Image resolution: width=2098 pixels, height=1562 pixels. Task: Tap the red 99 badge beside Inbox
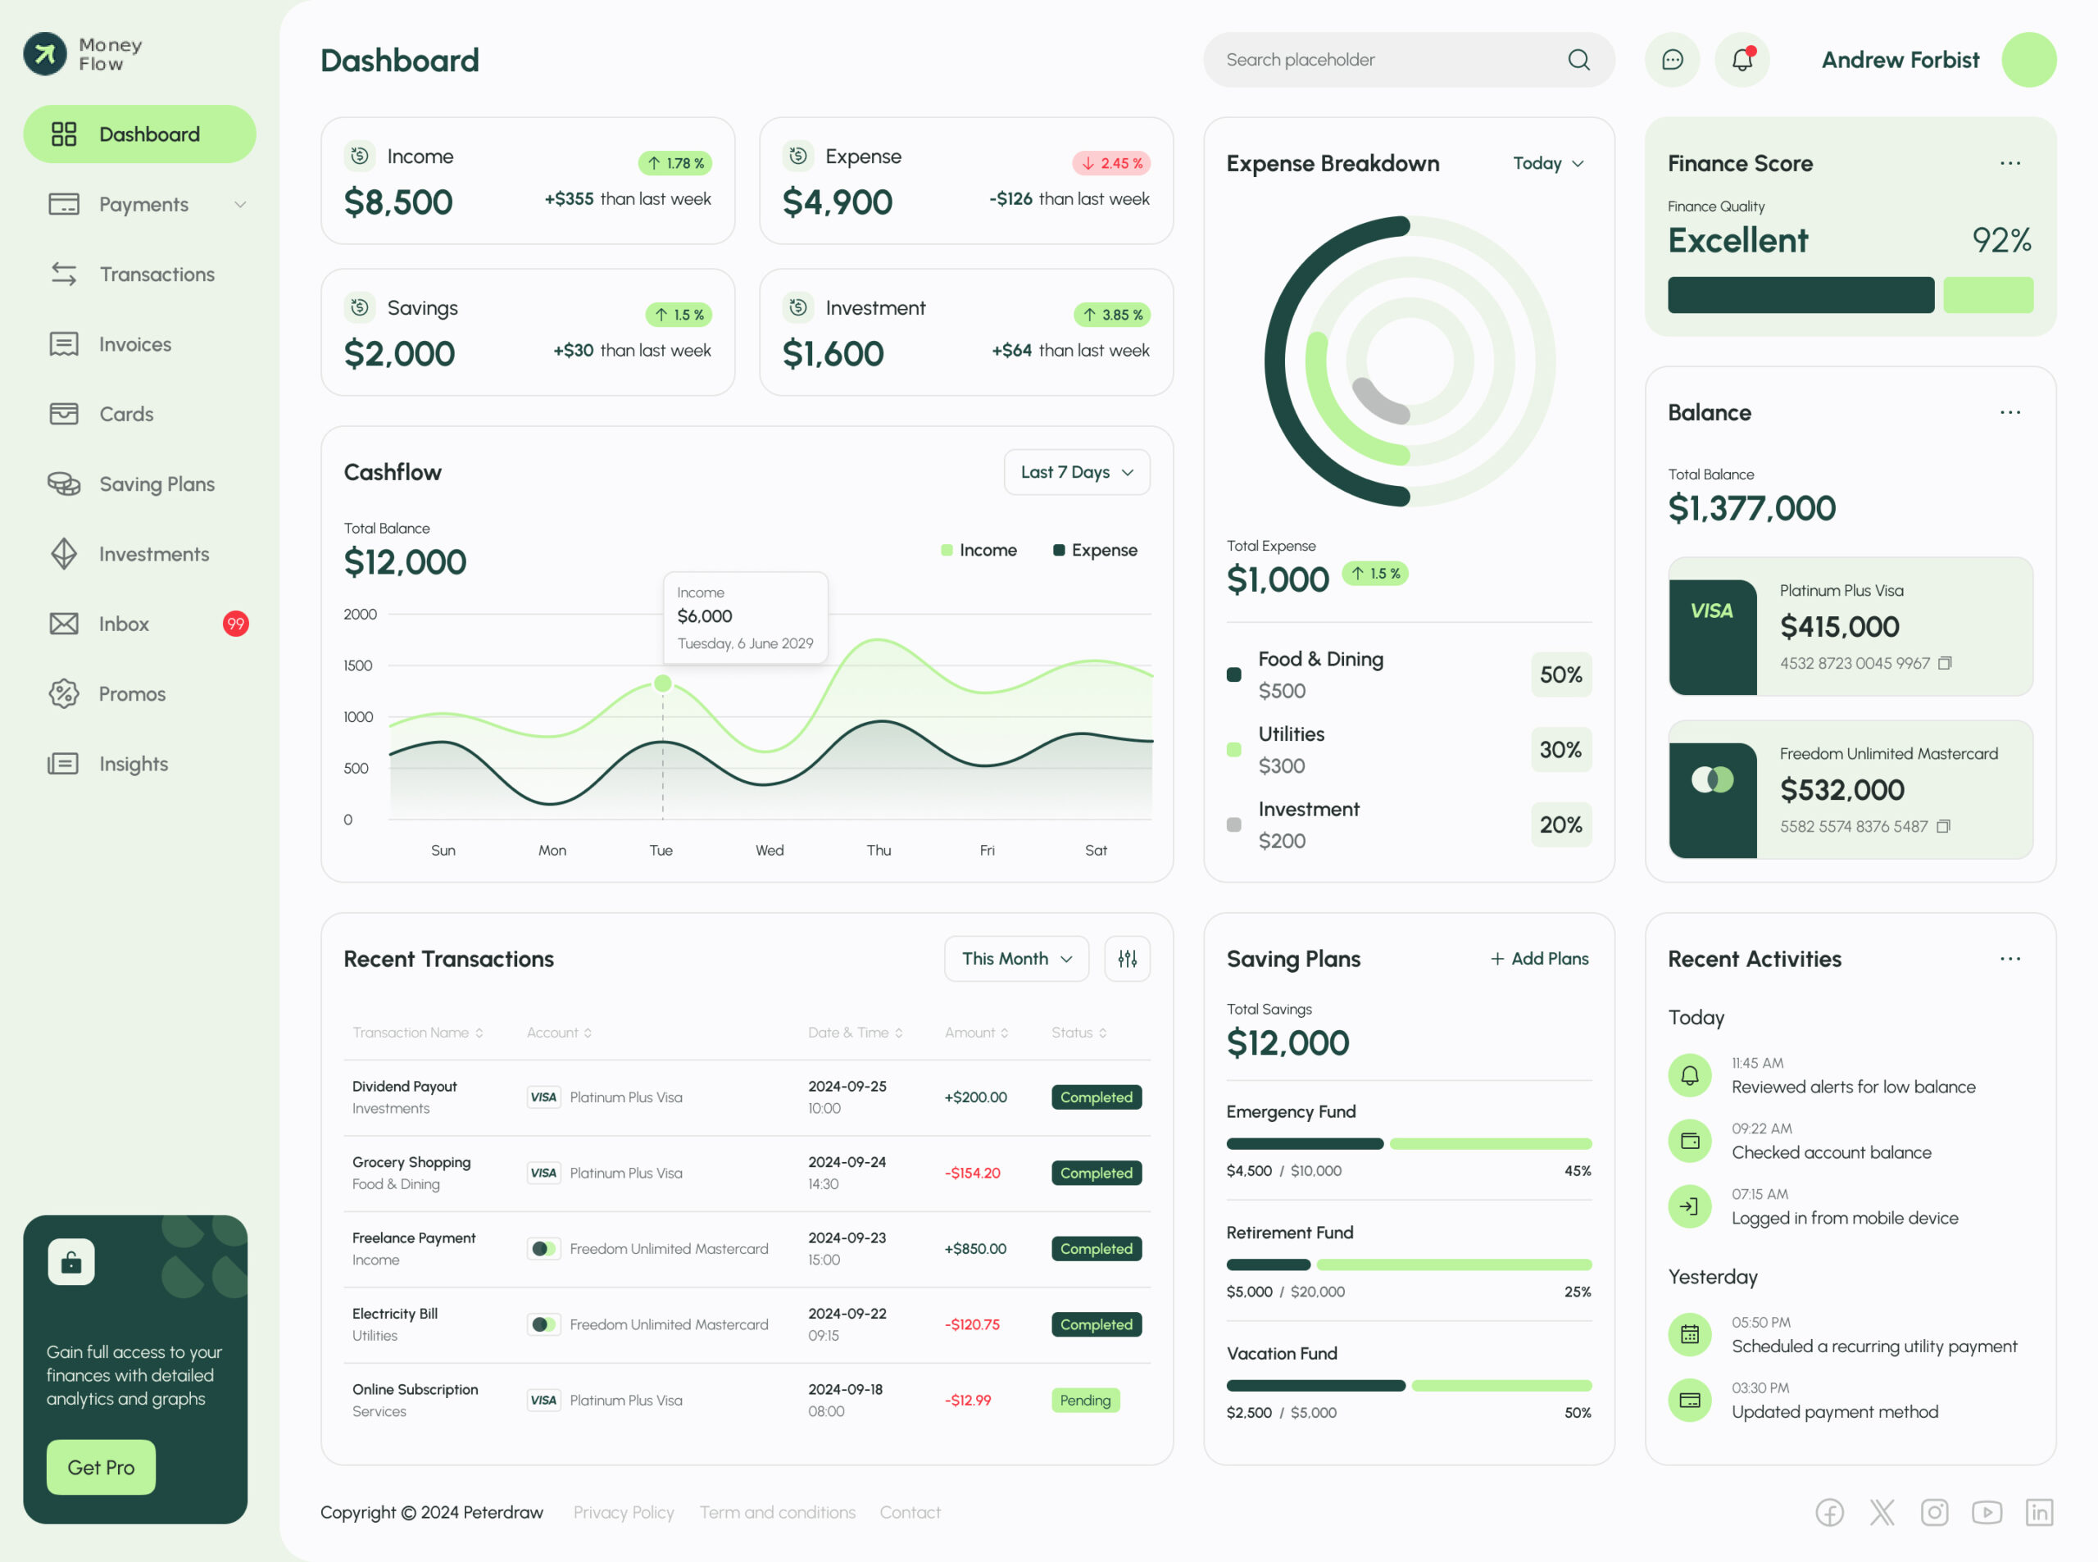(235, 624)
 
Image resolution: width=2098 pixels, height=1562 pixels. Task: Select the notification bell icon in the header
(1742, 60)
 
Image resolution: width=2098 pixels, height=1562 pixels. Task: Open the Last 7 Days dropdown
(1076, 472)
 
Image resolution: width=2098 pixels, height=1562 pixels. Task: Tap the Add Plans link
(1539, 959)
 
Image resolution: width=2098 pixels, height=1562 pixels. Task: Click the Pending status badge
(1084, 1401)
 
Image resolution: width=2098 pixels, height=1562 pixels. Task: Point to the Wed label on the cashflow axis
(769, 850)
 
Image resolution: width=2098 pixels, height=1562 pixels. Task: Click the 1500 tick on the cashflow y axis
(357, 665)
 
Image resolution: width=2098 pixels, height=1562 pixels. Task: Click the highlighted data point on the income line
(663, 683)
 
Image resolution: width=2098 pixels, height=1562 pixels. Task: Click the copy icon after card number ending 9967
(1944, 663)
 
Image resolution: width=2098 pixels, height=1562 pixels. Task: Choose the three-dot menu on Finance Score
(2009, 164)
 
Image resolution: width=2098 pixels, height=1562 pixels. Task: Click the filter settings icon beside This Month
(1127, 959)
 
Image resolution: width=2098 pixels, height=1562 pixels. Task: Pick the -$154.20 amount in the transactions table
(972, 1173)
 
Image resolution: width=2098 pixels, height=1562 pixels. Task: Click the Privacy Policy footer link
(623, 1512)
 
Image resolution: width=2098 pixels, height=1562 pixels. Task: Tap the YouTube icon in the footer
(1987, 1512)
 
